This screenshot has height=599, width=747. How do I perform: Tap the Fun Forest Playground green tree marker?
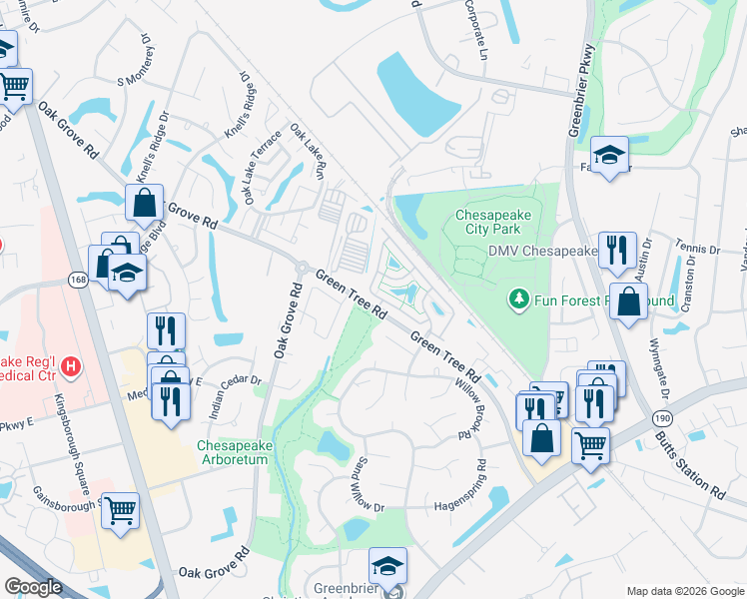[x=518, y=299]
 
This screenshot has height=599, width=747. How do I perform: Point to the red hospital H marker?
[x=69, y=366]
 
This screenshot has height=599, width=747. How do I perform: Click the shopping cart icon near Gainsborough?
[x=121, y=511]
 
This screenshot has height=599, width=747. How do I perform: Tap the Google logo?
[x=34, y=587]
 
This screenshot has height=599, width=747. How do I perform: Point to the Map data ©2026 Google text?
[x=684, y=590]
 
